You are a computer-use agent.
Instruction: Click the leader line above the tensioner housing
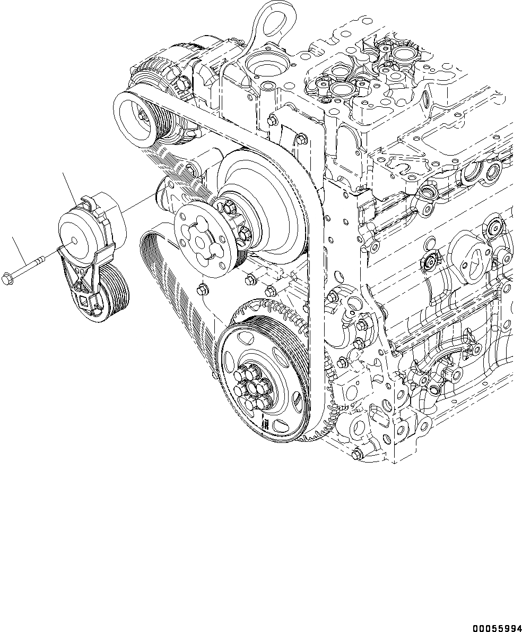69,185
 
